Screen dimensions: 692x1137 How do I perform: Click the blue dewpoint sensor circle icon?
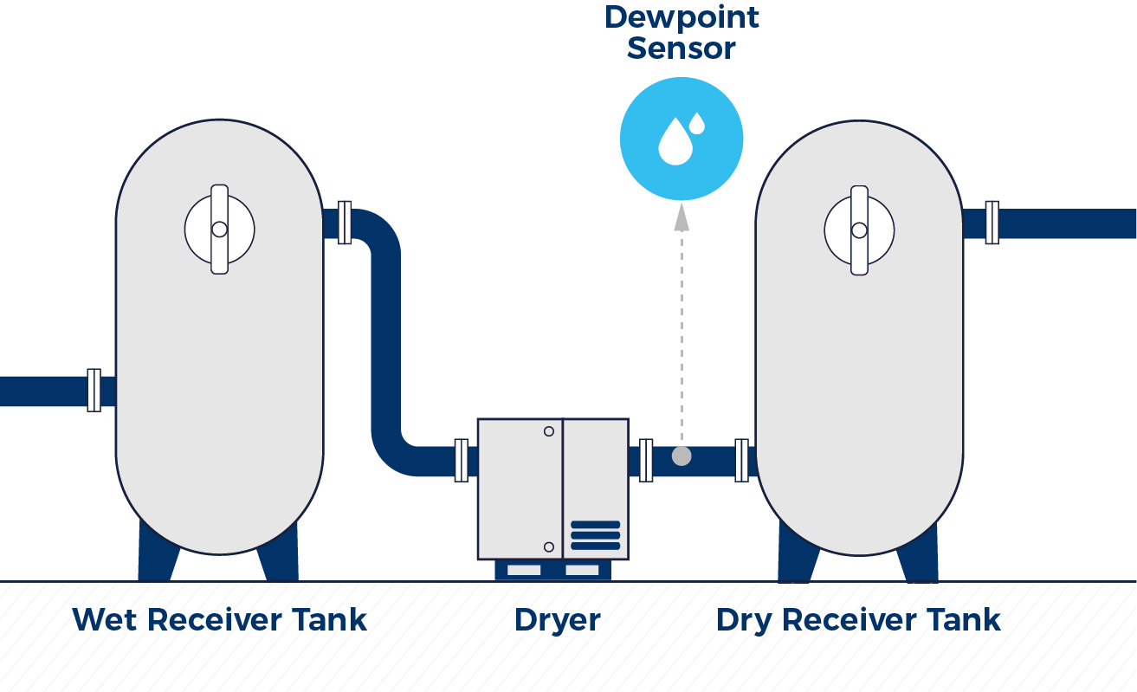pyautogui.click(x=682, y=139)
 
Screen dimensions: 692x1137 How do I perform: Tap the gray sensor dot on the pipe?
pyautogui.click(x=682, y=456)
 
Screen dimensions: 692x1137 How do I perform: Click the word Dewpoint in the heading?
pyautogui.click(x=682, y=17)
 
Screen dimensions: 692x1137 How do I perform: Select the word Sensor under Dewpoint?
pyautogui.click(x=682, y=49)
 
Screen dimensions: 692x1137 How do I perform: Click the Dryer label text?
pyautogui.click(x=557, y=620)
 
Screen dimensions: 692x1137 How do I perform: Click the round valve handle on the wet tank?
pyautogui.click(x=219, y=230)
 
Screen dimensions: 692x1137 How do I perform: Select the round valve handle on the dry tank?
pyautogui.click(x=859, y=230)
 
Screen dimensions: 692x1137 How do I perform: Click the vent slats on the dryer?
pyautogui.click(x=595, y=535)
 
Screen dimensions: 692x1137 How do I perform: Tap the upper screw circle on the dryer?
pyautogui.click(x=548, y=431)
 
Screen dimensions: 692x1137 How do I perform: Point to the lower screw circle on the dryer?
pyautogui.click(x=548, y=546)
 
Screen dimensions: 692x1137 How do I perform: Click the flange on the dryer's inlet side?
pyautogui.click(x=462, y=460)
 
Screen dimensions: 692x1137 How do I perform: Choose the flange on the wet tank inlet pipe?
pyautogui.click(x=94, y=391)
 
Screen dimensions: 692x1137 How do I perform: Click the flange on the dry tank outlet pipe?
pyautogui.click(x=992, y=223)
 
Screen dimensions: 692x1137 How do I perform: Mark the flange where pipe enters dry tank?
pyautogui.click(x=741, y=460)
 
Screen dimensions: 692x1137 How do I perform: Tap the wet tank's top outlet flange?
pyautogui.click(x=345, y=223)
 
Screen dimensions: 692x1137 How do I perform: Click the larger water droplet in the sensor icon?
pyautogui.click(x=675, y=143)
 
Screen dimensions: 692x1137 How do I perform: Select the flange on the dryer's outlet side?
pyautogui.click(x=646, y=460)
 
